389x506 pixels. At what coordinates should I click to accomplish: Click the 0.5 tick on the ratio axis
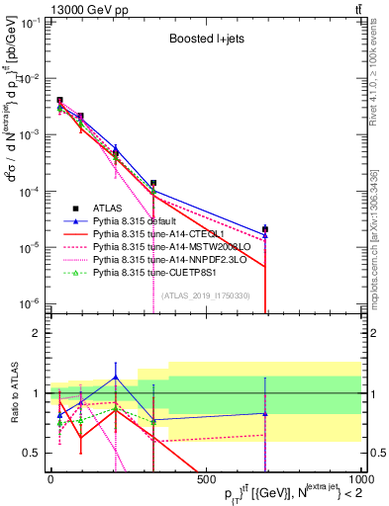[36, 453]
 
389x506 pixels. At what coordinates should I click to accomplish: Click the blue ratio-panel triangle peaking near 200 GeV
[116, 377]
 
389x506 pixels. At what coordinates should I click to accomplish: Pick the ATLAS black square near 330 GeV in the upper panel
[153, 183]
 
